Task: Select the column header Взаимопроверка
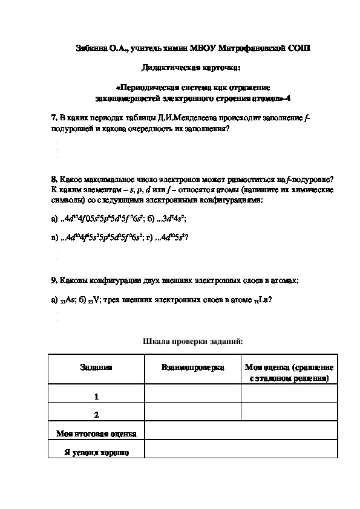192,368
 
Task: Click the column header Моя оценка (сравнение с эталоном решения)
289,372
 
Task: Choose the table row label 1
96,397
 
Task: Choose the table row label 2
96,415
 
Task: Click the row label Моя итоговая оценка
96,433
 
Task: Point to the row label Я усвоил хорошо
96,452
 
